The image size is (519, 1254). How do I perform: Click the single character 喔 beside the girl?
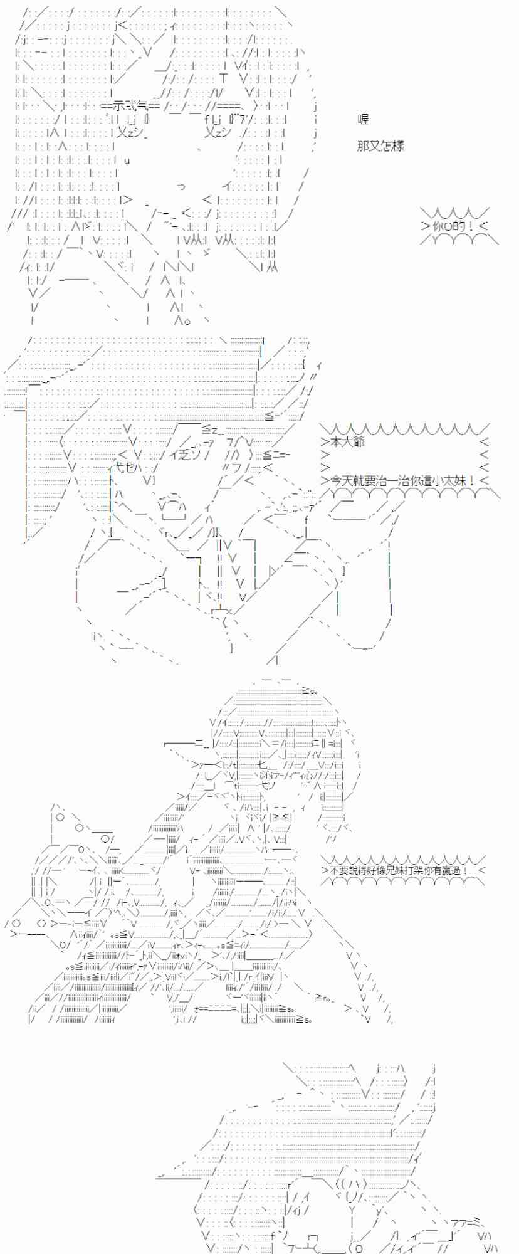point(363,119)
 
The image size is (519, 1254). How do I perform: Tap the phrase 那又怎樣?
point(380,146)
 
